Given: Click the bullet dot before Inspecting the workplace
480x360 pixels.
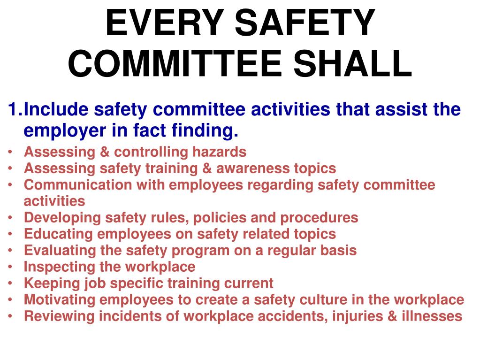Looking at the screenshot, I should click(10, 267).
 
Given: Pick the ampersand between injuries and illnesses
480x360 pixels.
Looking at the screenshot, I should click(392, 316).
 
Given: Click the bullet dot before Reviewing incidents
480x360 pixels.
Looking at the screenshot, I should click(10, 316).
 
